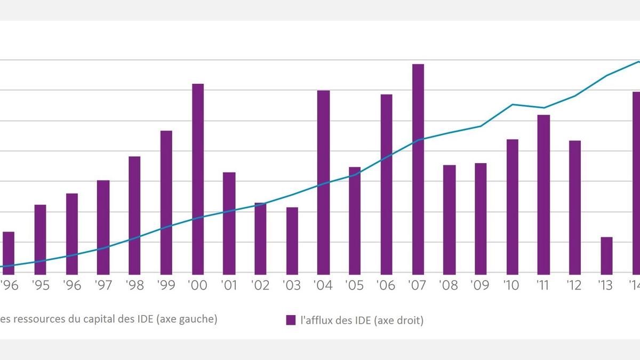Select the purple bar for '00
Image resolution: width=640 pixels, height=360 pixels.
click(198, 178)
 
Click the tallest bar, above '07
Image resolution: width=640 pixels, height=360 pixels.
click(418, 169)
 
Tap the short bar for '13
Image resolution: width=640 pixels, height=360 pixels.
click(606, 255)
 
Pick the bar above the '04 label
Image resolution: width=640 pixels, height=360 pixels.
click(324, 181)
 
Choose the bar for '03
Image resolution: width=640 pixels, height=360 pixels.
click(292, 240)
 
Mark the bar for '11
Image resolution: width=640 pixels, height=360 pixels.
click(543, 194)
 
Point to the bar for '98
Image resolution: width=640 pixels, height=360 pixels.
click(135, 214)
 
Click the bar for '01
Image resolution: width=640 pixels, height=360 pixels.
click(229, 222)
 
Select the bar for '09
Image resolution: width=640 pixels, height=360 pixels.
click(481, 218)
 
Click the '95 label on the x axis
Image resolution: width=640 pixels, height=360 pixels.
click(41, 286)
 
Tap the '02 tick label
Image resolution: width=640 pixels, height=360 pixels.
click(260, 286)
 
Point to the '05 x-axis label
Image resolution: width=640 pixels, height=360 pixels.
click(355, 286)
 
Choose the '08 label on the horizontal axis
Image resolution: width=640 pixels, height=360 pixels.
click(449, 286)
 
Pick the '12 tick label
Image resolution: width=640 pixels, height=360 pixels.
click(574, 286)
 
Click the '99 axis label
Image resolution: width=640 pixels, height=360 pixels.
click(166, 286)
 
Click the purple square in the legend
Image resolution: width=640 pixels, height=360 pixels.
click(291, 320)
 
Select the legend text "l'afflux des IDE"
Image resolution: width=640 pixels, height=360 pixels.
click(337, 321)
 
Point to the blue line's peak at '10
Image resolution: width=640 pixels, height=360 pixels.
click(513, 105)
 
